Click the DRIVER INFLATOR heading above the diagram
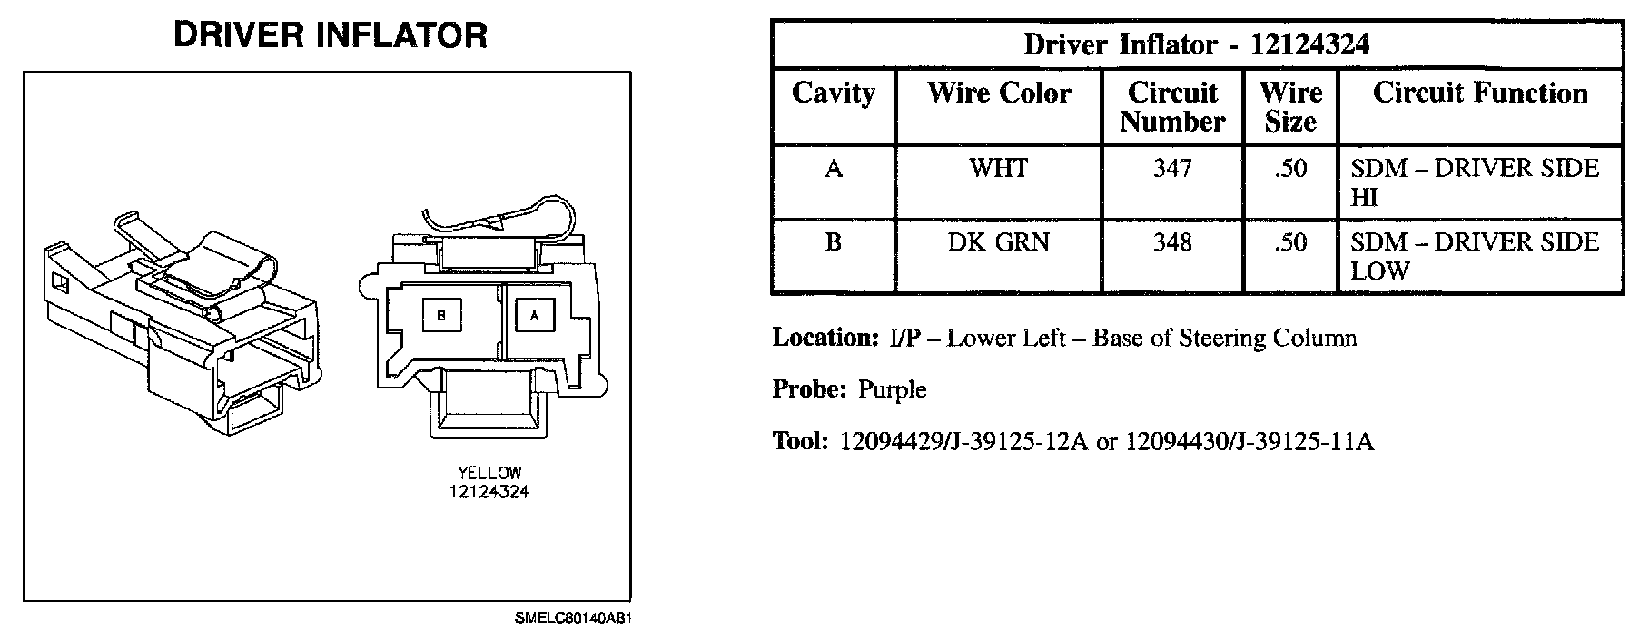pos(330,35)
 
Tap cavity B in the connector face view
pos(441,315)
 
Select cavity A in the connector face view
pos(534,315)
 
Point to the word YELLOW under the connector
pos(489,473)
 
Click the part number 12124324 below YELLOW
pos(489,492)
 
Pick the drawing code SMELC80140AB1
pos(572,619)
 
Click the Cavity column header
pos(833,93)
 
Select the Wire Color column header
pos(998,93)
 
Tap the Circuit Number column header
pos(1171,107)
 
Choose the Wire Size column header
pos(1290,107)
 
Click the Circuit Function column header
pos(1480,93)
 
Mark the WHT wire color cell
pos(998,169)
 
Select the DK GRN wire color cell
pos(998,242)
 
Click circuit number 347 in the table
pos(1171,169)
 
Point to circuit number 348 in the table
pos(1171,242)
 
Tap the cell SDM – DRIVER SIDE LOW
pos(1474,256)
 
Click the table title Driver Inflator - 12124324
pos(1196,44)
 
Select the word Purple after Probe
pos(892,390)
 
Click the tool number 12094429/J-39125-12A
pos(963,442)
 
